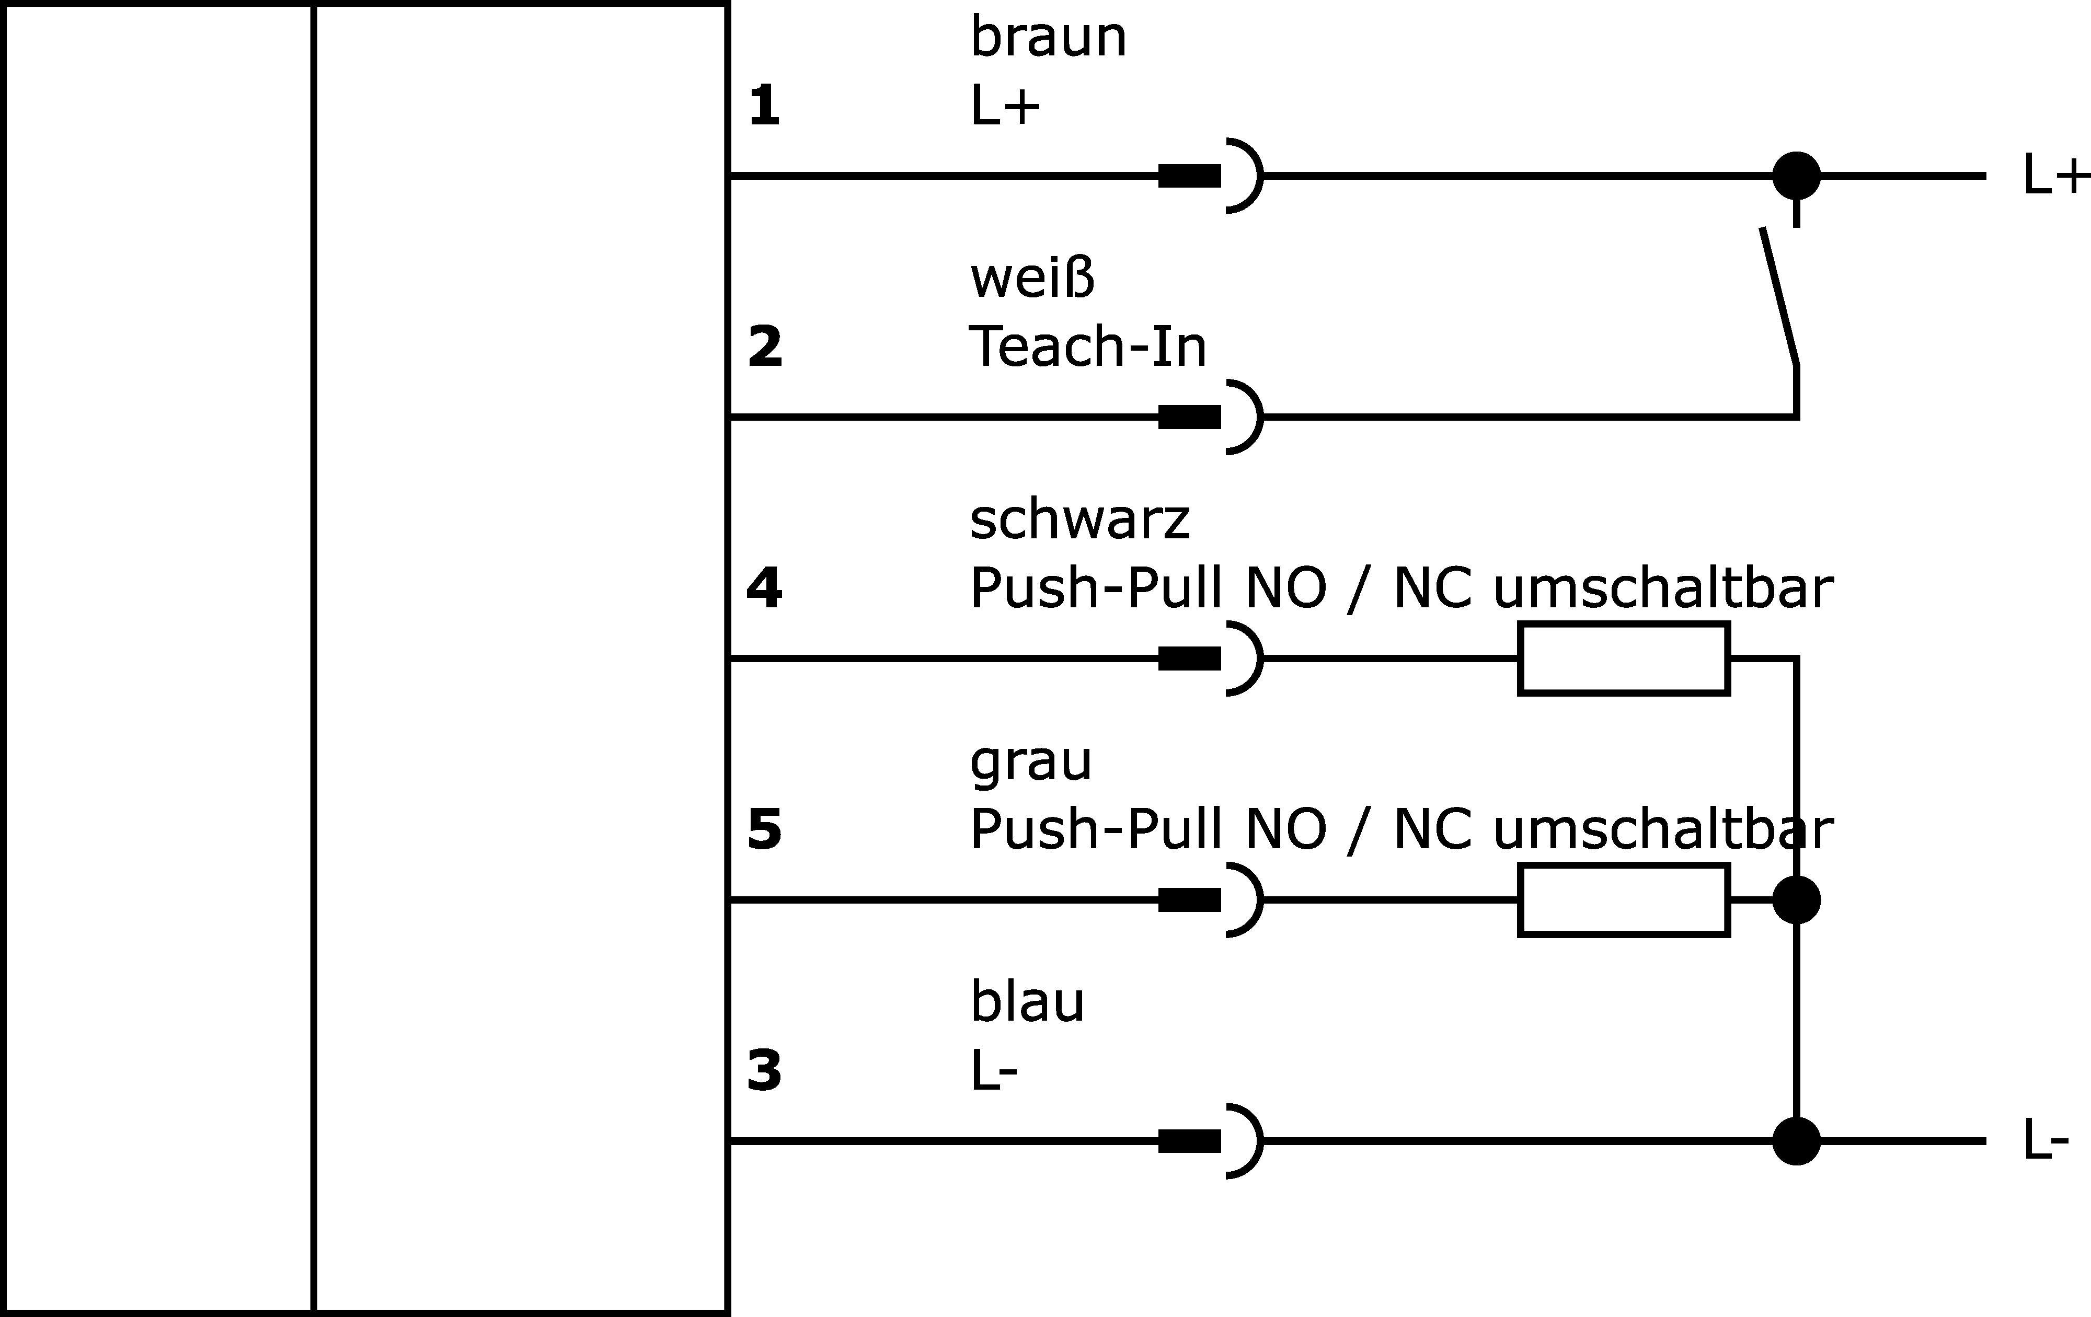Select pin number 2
click(x=764, y=346)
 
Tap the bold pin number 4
click(x=764, y=588)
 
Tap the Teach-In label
click(x=1087, y=346)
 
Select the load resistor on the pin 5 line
click(x=1624, y=899)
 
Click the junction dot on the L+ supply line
click(x=1796, y=176)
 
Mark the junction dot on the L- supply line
click(x=1796, y=1141)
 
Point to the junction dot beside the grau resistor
click(x=1796, y=899)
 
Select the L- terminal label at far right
click(x=2046, y=1141)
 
